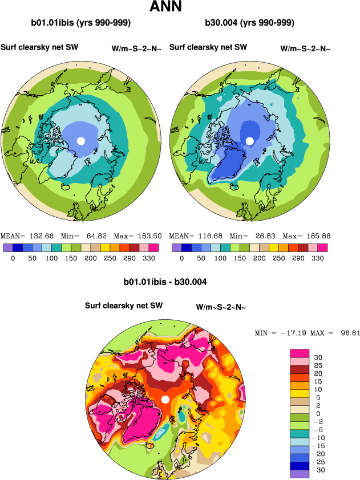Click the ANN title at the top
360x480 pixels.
165,7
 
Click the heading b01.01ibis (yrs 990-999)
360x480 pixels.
81,23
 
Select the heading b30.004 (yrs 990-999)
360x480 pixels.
249,23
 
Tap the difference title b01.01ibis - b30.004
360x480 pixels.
165,282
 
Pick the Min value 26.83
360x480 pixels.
262,236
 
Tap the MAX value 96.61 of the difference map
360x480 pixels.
347,332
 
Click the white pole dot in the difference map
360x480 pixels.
165,399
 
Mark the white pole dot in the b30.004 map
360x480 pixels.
249,140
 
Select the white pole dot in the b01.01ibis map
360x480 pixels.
81,140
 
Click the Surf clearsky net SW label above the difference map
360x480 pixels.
124,306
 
